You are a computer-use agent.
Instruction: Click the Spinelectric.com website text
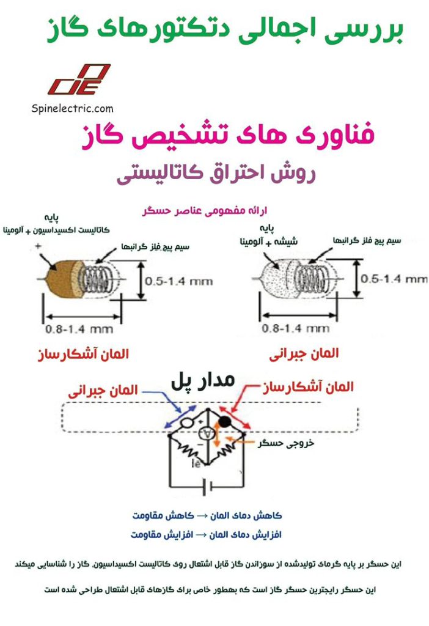click(x=72, y=108)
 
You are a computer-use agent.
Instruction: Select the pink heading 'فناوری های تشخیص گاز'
click(x=227, y=136)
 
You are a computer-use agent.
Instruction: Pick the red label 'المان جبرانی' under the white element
click(x=304, y=353)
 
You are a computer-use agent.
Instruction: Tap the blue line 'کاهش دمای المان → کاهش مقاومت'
click(x=207, y=515)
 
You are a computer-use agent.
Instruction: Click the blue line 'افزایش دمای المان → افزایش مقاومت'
click(x=207, y=534)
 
